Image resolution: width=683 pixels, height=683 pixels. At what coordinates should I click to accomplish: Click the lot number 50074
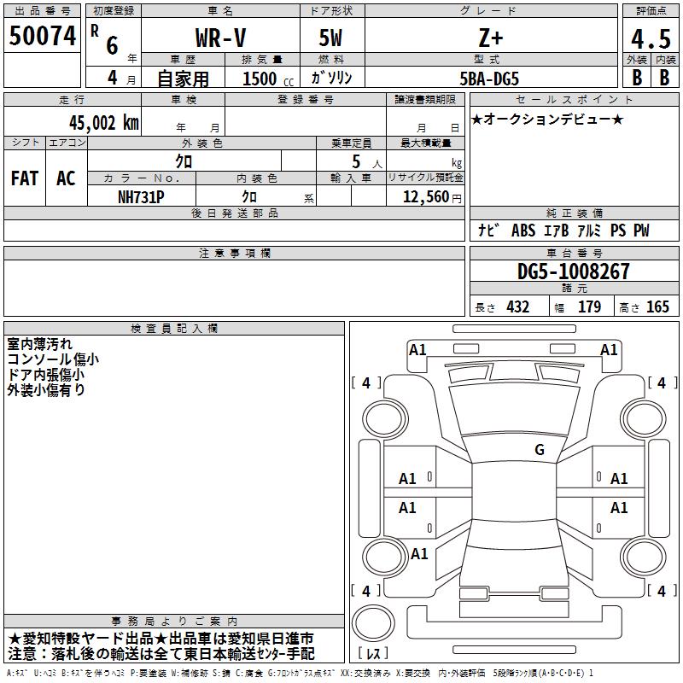(42, 36)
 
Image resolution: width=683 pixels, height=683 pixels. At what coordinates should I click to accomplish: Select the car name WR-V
(220, 38)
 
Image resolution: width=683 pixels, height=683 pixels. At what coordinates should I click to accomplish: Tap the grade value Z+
(490, 38)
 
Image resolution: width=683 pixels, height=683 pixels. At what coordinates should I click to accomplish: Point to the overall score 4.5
(651, 38)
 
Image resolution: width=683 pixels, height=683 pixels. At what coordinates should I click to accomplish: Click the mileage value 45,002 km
(103, 123)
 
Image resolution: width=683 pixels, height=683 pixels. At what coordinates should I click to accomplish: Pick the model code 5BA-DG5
(489, 79)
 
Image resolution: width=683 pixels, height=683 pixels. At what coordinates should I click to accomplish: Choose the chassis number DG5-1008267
(573, 271)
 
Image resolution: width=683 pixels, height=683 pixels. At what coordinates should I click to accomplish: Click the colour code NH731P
(141, 197)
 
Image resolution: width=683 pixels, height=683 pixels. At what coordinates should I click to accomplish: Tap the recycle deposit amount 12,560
(426, 197)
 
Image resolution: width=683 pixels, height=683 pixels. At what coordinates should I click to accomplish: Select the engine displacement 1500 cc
(268, 79)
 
